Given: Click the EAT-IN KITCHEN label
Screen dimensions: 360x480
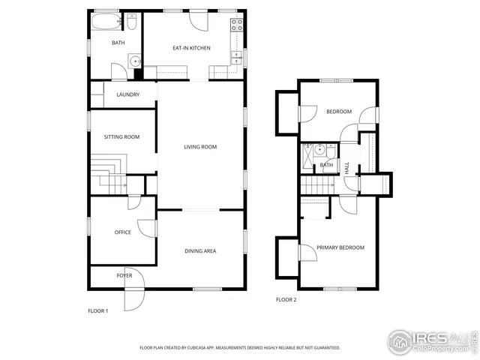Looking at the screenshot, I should click(191, 48).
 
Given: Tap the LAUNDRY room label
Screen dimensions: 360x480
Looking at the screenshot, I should click(127, 94).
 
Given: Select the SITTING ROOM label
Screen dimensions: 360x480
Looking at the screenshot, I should click(121, 137).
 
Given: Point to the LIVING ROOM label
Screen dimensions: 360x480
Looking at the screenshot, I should click(200, 147).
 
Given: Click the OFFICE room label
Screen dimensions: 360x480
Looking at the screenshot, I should click(122, 232).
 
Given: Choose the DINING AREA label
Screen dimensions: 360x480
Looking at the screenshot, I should click(200, 251).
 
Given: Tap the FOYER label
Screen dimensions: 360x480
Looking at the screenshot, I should click(124, 276).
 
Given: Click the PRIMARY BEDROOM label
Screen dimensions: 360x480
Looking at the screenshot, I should click(340, 247).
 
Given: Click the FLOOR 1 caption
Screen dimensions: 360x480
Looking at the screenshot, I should click(98, 310).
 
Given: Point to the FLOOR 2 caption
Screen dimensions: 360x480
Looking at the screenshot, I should click(286, 300).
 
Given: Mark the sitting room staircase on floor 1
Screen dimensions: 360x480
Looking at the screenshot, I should click(105, 174).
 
